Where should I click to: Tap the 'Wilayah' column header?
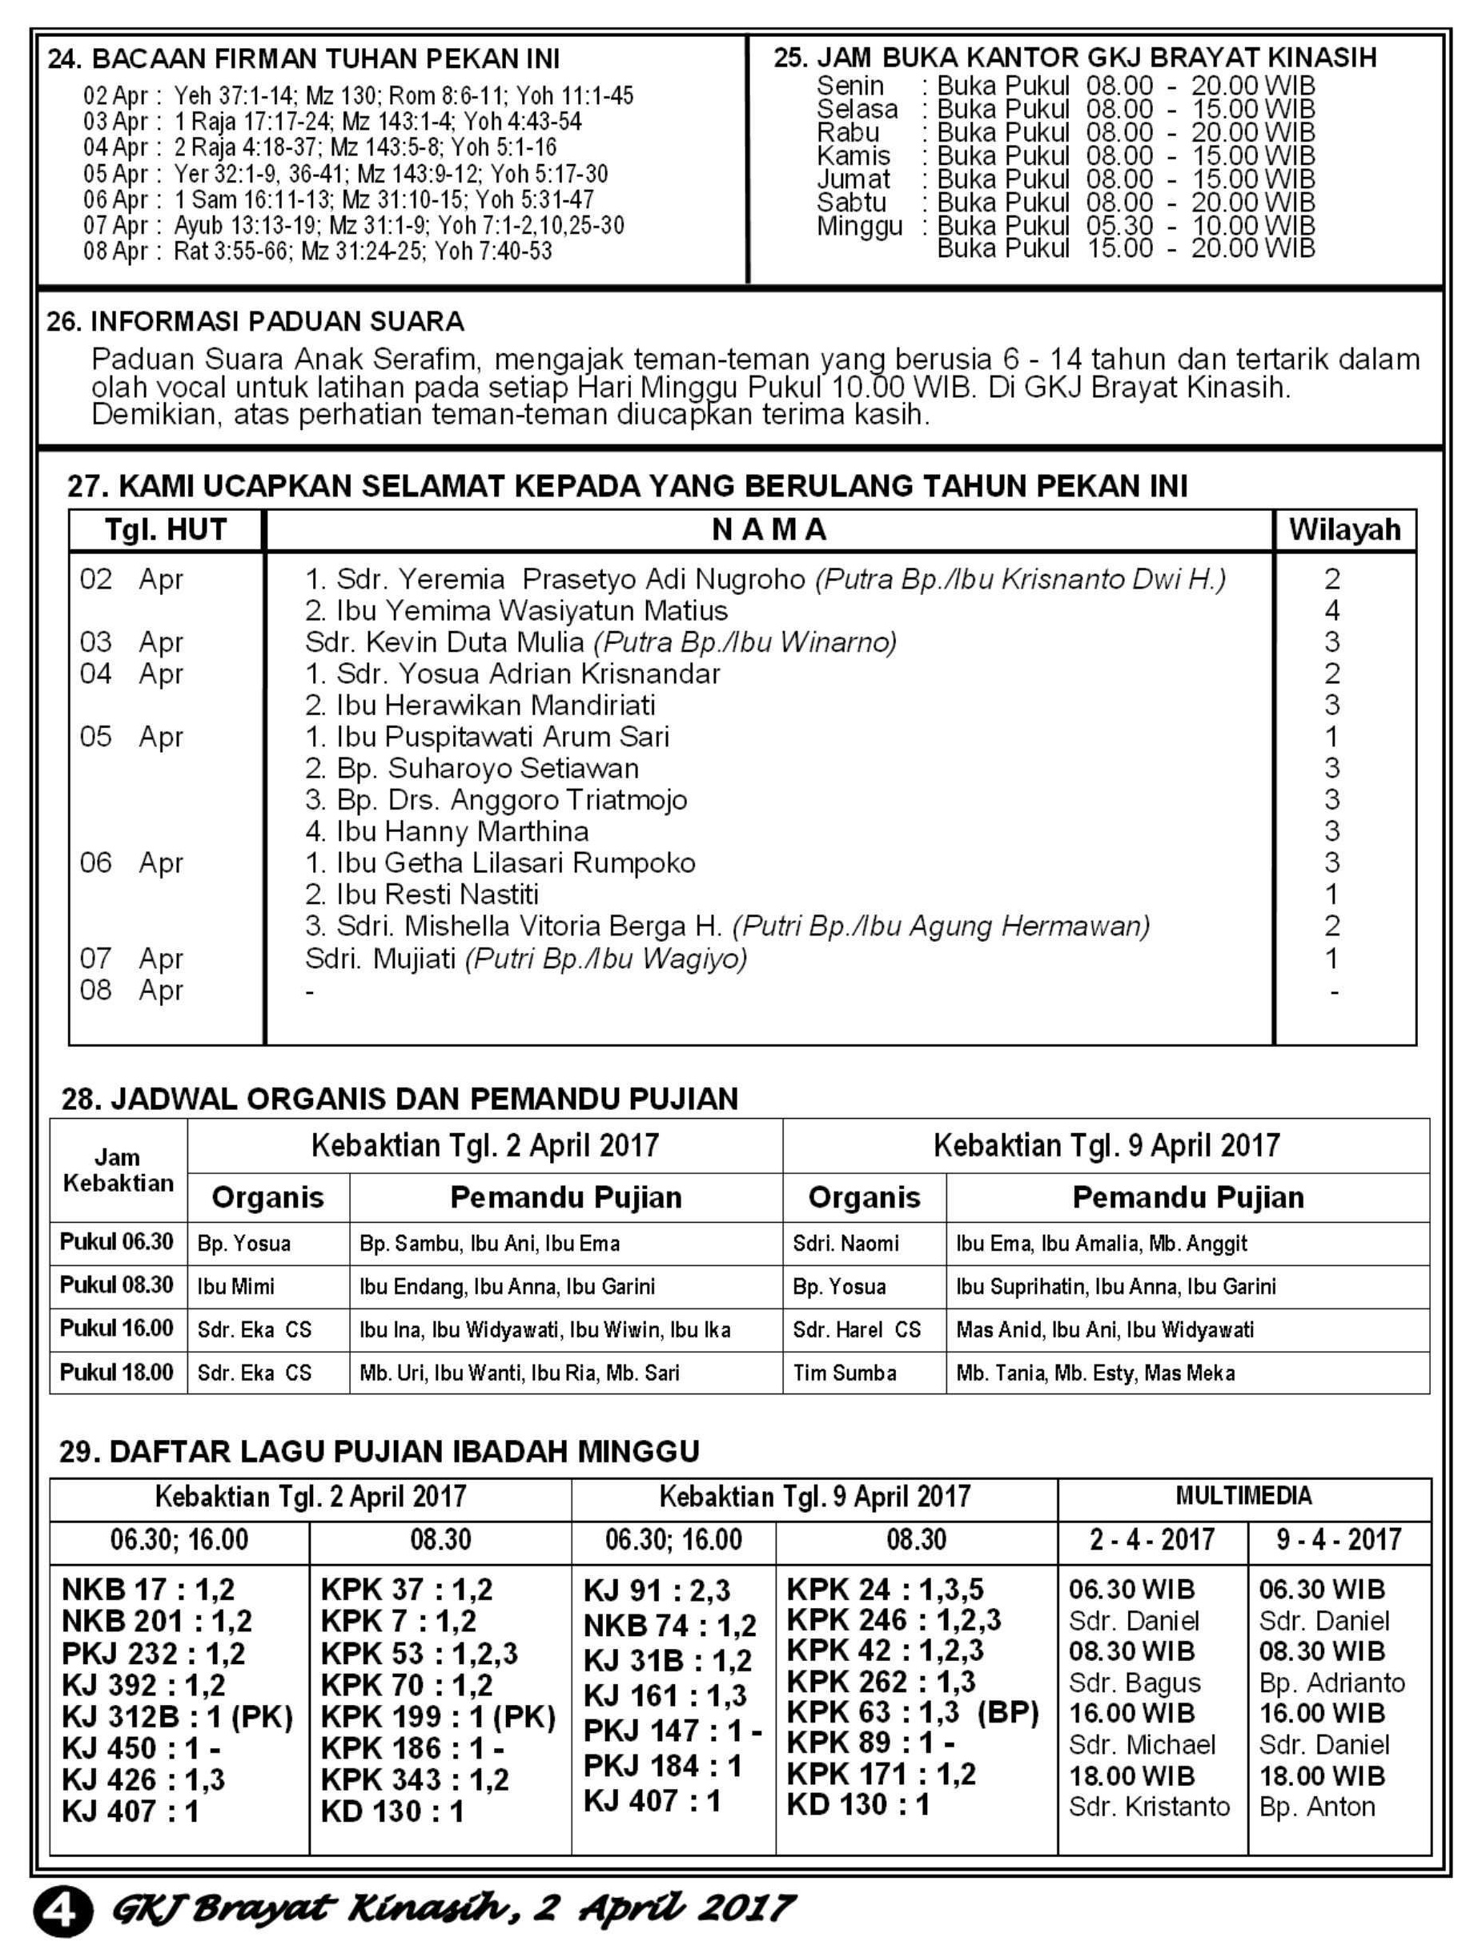(1344, 529)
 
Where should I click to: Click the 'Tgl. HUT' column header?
(166, 529)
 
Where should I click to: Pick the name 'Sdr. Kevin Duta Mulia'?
(444, 641)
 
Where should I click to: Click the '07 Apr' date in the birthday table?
(131, 958)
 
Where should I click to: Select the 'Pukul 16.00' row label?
(117, 1328)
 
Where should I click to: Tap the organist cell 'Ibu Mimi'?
(235, 1286)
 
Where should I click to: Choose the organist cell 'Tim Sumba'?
(845, 1373)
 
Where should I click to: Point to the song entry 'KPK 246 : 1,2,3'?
(894, 1620)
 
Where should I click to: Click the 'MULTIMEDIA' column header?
(1243, 1495)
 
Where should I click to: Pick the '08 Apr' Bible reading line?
(318, 251)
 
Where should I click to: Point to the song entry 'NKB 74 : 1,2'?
(670, 1626)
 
